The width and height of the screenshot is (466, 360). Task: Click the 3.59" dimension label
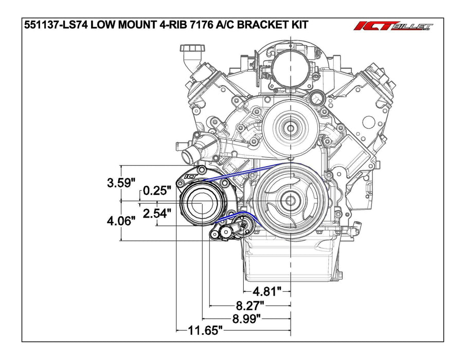click(x=121, y=182)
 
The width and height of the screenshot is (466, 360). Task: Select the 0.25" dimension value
click(x=157, y=191)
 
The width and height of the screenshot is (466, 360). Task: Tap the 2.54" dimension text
click(x=157, y=213)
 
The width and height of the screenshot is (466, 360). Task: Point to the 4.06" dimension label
click(x=121, y=221)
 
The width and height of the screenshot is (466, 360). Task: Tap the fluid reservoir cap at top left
click(x=188, y=50)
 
